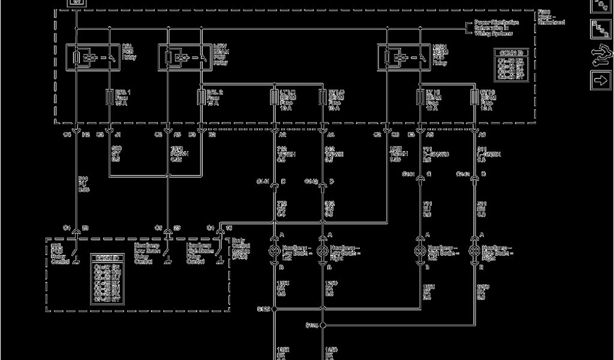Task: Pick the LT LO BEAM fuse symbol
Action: coord(275,97)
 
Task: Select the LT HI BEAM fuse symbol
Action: coord(420,97)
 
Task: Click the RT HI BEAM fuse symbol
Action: coord(474,97)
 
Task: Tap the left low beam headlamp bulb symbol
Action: coord(275,250)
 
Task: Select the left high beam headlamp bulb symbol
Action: coord(420,250)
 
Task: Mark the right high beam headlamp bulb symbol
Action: coord(474,250)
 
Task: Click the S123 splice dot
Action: coord(275,310)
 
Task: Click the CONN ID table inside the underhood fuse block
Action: coord(511,65)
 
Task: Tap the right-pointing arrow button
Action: coord(599,79)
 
